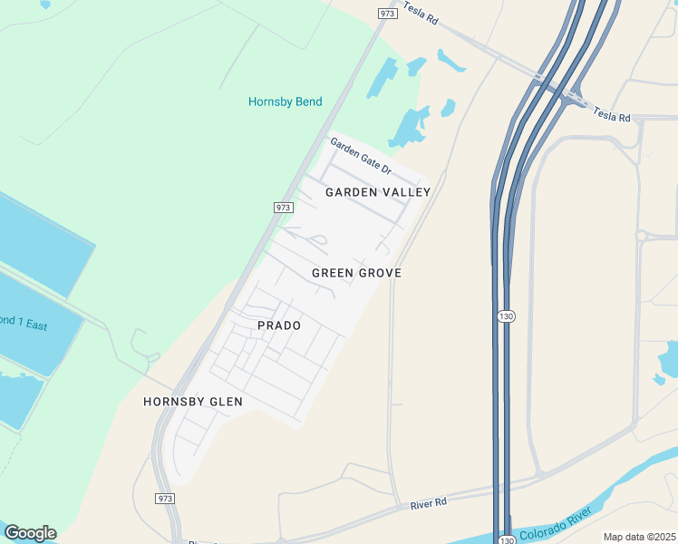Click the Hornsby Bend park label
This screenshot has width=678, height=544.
(285, 102)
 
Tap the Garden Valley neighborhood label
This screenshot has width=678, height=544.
(378, 192)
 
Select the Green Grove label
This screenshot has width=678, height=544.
(356, 273)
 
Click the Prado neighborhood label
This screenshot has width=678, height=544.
(278, 325)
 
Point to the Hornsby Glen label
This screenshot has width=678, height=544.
(193, 401)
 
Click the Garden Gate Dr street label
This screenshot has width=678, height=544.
(360, 156)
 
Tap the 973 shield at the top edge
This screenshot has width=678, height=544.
(388, 13)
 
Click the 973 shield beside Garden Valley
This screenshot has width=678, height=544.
(282, 208)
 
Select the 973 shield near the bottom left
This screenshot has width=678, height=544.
(165, 499)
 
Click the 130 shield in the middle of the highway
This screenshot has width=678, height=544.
(506, 316)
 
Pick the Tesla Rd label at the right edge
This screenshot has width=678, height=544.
(611, 113)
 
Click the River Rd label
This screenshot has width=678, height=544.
(429, 502)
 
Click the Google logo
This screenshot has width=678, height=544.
(30, 533)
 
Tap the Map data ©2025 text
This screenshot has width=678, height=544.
(639, 537)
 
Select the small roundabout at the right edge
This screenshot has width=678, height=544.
(642, 236)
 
